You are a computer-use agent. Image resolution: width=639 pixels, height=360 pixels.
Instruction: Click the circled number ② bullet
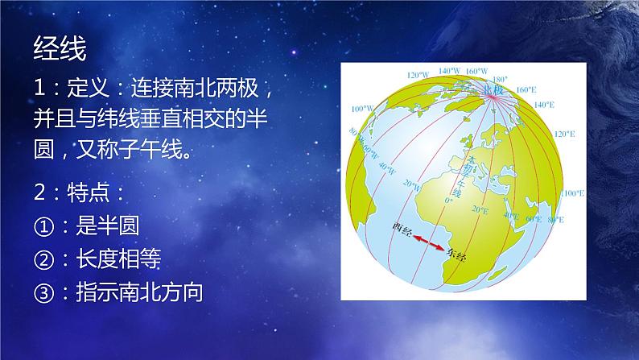click(43, 259)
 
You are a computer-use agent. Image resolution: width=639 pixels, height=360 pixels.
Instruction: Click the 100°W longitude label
click(364, 107)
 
